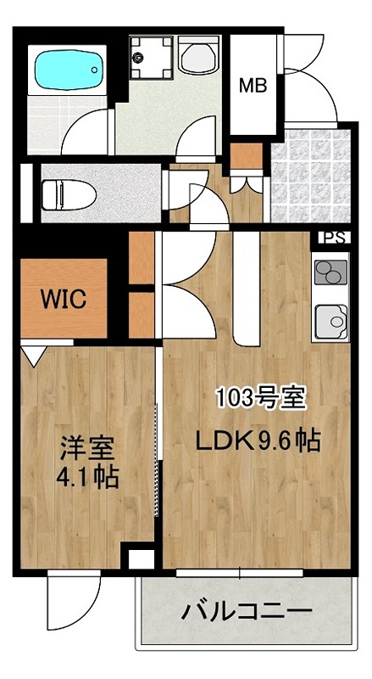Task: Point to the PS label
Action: tap(332, 238)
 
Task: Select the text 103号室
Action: tap(260, 396)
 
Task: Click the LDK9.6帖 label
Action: tap(258, 441)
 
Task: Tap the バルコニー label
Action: tap(244, 609)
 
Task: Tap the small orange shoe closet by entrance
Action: tap(248, 155)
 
